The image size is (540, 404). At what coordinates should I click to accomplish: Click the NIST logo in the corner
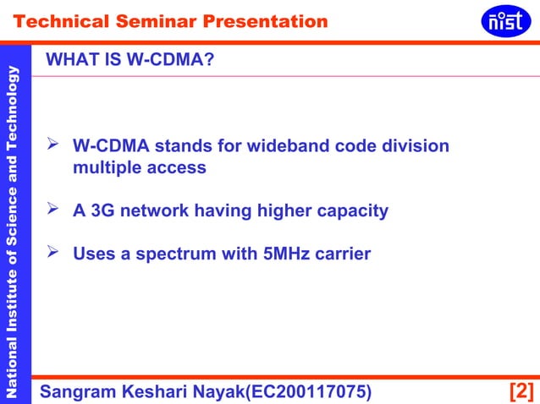506,20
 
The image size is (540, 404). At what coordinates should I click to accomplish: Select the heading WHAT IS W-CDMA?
129,60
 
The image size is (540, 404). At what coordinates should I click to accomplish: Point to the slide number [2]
521,391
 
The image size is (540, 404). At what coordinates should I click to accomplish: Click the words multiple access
139,167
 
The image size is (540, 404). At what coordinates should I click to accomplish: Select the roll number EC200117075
303,391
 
